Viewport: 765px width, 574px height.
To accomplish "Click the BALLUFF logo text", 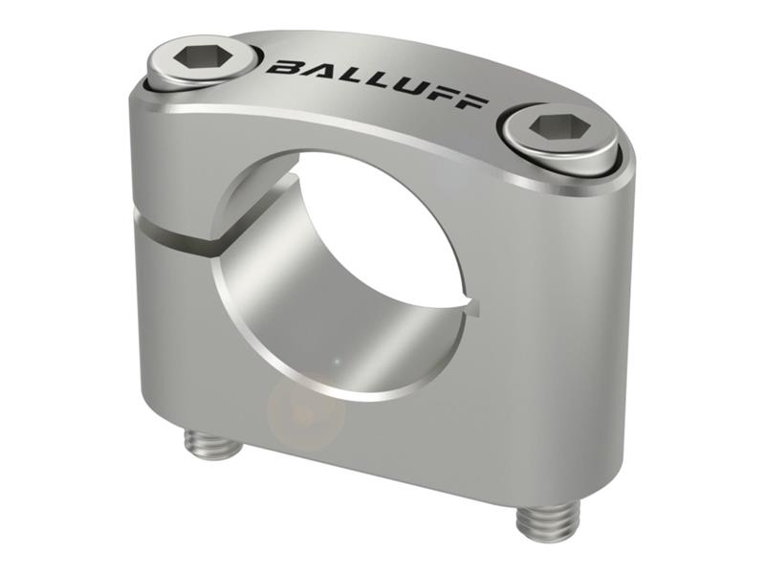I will coord(377,82).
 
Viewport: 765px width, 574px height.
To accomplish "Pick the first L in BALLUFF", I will coord(347,76).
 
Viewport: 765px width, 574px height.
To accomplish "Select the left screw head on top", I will coord(204,59).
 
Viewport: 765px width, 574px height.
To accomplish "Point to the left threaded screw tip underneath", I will coord(213,443).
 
